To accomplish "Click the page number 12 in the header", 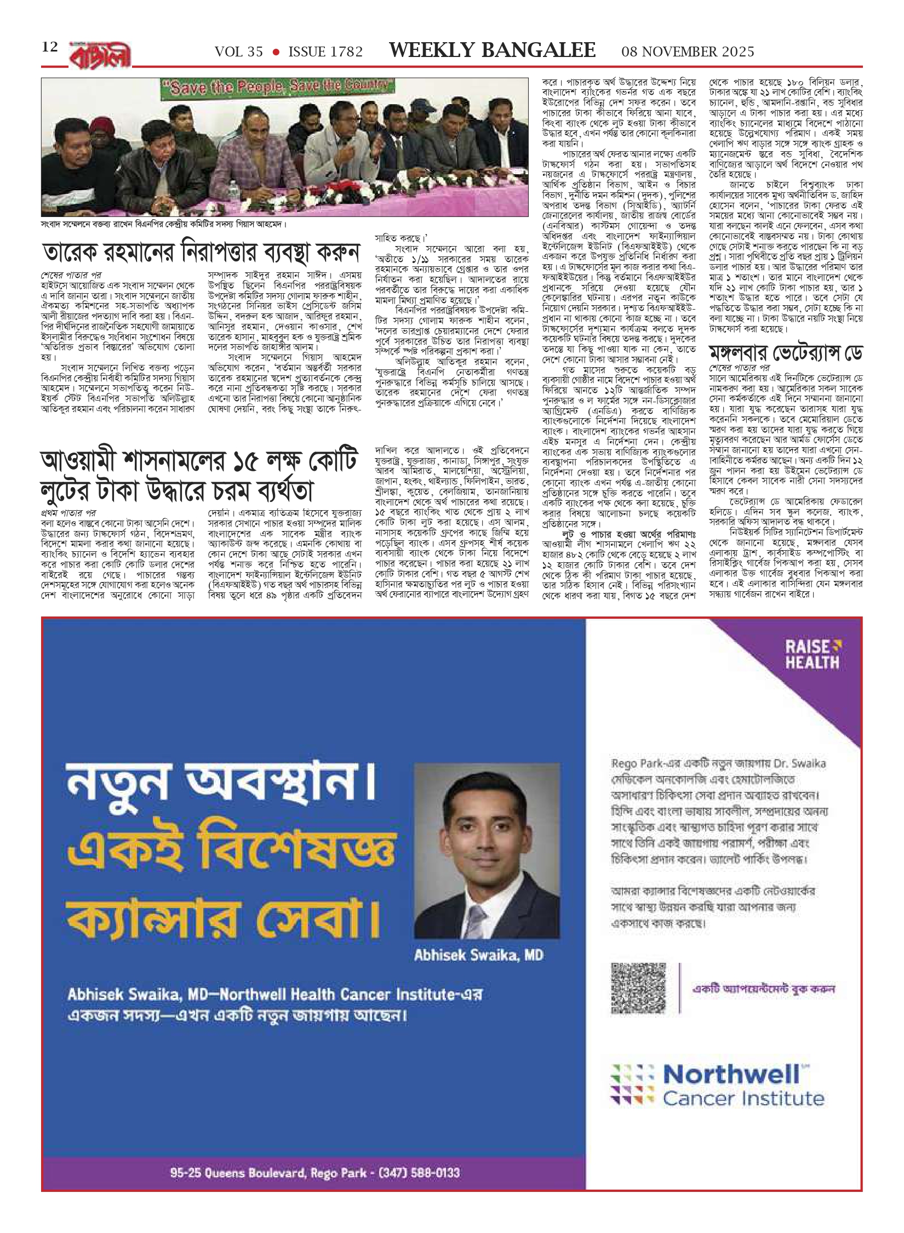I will pos(49,47).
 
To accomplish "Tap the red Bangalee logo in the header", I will pos(100,55).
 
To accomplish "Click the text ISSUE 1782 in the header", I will pos(325,52).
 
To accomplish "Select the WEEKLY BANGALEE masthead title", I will pos(491,50).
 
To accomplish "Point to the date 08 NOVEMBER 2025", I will pos(688,52).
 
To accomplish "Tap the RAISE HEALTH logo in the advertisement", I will pos(813,654).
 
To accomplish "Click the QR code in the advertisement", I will pos(638,988).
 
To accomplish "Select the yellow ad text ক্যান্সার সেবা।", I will pos(222,917).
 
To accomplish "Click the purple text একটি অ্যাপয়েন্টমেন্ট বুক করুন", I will pos(763,989).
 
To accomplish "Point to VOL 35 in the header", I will pos(239,52).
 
